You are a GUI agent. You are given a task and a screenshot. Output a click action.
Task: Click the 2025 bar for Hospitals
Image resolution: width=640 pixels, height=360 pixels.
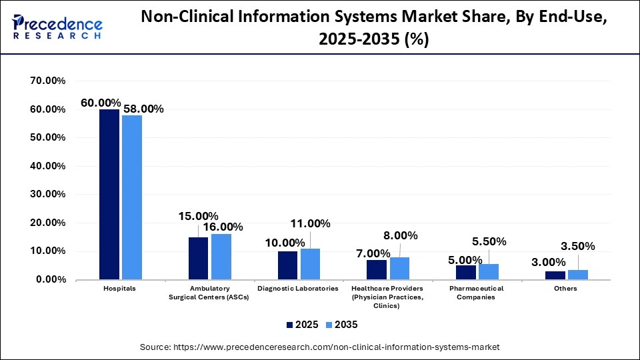coord(109,194)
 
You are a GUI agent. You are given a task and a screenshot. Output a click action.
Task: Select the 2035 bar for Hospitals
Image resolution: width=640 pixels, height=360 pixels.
coord(132,197)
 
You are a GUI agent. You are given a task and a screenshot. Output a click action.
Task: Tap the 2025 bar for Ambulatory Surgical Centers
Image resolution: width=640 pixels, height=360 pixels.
coord(198,258)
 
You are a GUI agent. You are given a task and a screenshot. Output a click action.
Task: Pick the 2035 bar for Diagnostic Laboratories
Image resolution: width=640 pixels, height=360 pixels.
coord(310,263)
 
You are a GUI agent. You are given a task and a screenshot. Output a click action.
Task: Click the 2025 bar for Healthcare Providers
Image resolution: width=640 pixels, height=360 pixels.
coord(377,269)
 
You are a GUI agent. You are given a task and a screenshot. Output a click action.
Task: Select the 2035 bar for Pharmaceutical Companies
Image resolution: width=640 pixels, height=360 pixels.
coord(489,271)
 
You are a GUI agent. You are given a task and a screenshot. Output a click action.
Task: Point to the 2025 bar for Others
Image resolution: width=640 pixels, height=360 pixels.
coord(555,275)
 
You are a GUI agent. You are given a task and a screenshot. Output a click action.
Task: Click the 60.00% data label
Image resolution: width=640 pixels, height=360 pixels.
coord(101,103)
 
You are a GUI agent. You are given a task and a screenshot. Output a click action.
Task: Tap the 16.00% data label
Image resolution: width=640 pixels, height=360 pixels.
coord(223,227)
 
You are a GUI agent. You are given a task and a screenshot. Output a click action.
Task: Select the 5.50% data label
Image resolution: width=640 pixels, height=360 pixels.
coord(489,241)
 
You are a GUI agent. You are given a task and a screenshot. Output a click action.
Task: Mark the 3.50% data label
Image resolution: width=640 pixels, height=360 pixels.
coord(578,247)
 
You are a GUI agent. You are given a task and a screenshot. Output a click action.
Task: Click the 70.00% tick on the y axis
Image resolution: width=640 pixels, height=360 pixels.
coord(48,81)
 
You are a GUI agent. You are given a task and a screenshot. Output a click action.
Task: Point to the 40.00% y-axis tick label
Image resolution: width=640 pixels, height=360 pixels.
coord(48,166)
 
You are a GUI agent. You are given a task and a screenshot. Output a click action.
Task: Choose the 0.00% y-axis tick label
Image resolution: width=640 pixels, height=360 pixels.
coord(51,280)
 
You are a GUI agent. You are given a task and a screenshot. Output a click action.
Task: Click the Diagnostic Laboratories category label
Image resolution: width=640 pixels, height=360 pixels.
coord(299,289)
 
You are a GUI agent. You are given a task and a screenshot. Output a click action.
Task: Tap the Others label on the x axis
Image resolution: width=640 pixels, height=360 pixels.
coord(566,289)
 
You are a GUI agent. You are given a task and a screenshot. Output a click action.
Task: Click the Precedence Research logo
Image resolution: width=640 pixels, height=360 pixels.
coord(57,27)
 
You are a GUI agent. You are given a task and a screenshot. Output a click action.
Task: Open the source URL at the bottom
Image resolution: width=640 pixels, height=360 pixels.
coord(319,347)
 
